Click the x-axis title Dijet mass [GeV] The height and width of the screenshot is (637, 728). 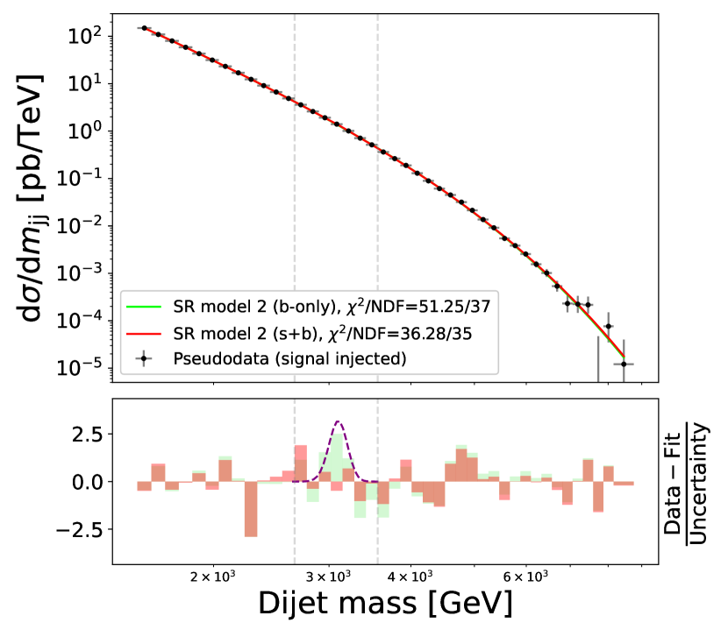(385, 605)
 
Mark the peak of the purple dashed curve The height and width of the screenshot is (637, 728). (338, 422)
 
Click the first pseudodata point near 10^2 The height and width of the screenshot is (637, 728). (145, 28)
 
